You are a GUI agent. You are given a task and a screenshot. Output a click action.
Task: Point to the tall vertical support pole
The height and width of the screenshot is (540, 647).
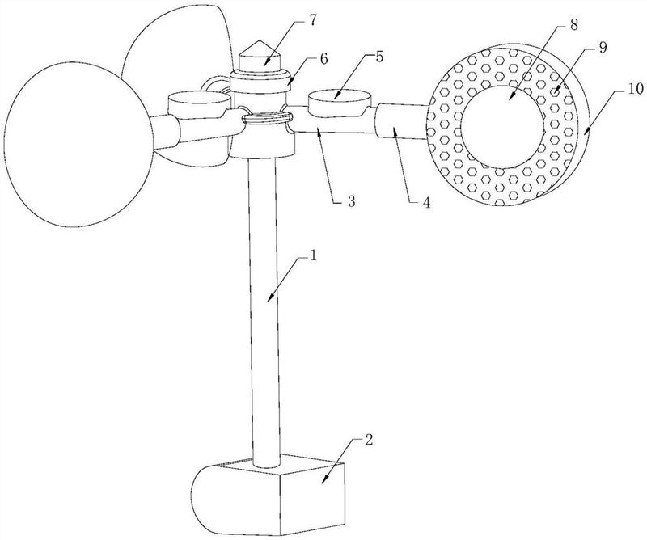pos(264,307)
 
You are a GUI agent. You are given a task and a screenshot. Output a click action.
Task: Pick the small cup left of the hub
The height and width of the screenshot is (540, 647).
pos(198,103)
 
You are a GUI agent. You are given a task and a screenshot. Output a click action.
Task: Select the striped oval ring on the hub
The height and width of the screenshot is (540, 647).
pos(267,119)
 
